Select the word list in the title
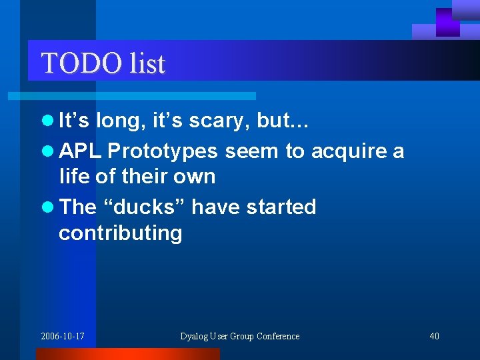147,63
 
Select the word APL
80,151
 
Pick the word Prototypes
162,152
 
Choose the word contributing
120,233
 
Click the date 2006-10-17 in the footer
63,336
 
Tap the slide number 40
434,336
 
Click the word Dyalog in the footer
195,336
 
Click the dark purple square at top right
448,22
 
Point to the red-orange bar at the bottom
127,354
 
